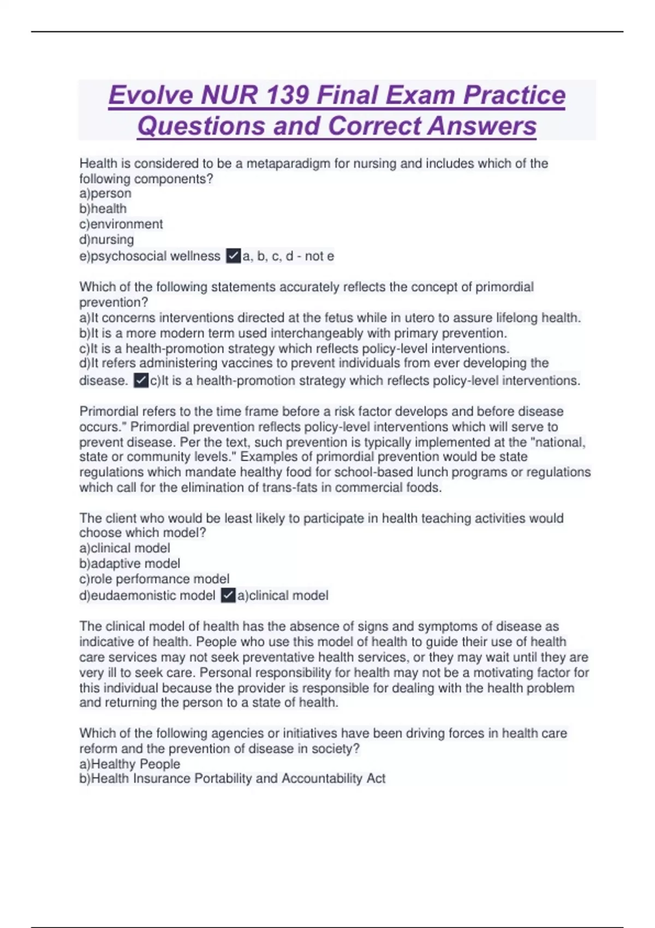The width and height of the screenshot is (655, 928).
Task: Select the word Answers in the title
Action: click(x=482, y=126)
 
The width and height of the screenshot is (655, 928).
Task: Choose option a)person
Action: click(x=105, y=193)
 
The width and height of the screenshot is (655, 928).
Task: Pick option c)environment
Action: click(x=121, y=224)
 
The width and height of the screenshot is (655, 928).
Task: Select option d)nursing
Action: click(x=106, y=239)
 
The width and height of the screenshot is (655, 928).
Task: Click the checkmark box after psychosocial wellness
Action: click(x=233, y=255)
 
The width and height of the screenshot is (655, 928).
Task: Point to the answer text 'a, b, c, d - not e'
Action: click(x=288, y=255)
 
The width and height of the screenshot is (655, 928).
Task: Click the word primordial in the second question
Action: click(x=504, y=287)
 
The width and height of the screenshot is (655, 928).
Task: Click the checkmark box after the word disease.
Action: click(x=141, y=380)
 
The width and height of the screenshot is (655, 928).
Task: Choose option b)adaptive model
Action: click(x=130, y=563)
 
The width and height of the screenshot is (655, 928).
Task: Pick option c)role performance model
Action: click(x=154, y=579)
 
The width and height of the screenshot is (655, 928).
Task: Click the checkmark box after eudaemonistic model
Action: click(x=228, y=595)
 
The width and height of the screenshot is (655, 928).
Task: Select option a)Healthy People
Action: click(x=130, y=764)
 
